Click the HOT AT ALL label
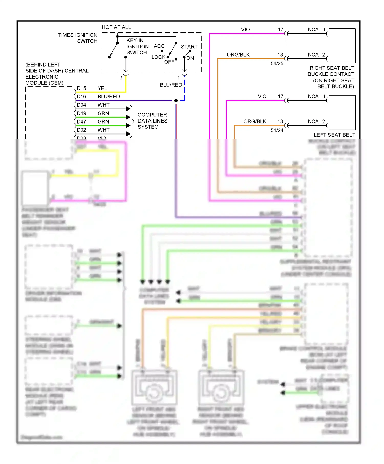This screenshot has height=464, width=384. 116,27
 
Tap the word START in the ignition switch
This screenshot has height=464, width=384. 189,47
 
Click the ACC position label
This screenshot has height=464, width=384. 159,46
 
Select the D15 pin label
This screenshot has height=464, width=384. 81,88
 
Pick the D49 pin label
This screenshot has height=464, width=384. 81,113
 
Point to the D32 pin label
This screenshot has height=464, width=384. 81,130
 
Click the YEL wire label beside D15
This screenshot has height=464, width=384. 102,88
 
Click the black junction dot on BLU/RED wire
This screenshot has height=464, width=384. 176,101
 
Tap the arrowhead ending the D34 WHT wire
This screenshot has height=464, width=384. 128,109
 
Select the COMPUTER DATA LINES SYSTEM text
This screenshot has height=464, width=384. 152,121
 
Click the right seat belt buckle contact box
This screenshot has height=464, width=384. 342,46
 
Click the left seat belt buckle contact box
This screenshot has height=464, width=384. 342,113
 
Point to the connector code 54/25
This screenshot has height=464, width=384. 277,64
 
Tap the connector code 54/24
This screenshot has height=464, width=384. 277,130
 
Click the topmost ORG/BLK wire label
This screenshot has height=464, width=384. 238,55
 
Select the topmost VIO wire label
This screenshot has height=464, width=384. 245,30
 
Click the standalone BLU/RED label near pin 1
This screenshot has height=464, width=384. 171,85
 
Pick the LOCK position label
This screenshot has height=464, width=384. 158,57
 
